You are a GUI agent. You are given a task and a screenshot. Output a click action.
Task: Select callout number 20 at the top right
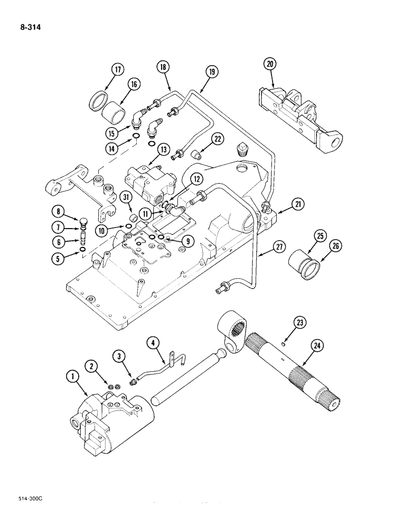[270, 64]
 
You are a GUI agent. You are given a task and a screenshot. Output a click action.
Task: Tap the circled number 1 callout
[70, 376]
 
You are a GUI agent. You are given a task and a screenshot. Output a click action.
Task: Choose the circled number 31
[126, 197]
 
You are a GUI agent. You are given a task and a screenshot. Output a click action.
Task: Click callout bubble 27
[278, 246]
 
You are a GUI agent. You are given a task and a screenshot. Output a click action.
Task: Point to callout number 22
[218, 140]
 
